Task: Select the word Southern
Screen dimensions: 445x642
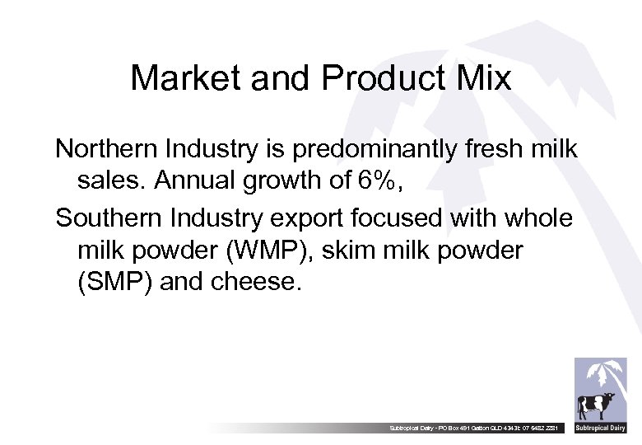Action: [108, 218]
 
